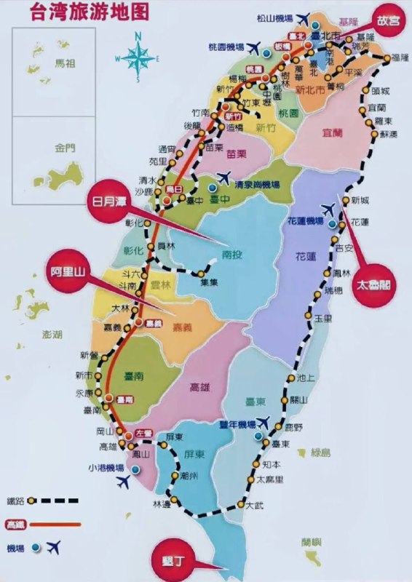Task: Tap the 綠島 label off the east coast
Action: [320, 453]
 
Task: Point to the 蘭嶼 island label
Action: [311, 542]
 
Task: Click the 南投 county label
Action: [231, 255]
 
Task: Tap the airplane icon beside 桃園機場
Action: [253, 48]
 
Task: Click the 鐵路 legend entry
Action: [15, 501]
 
